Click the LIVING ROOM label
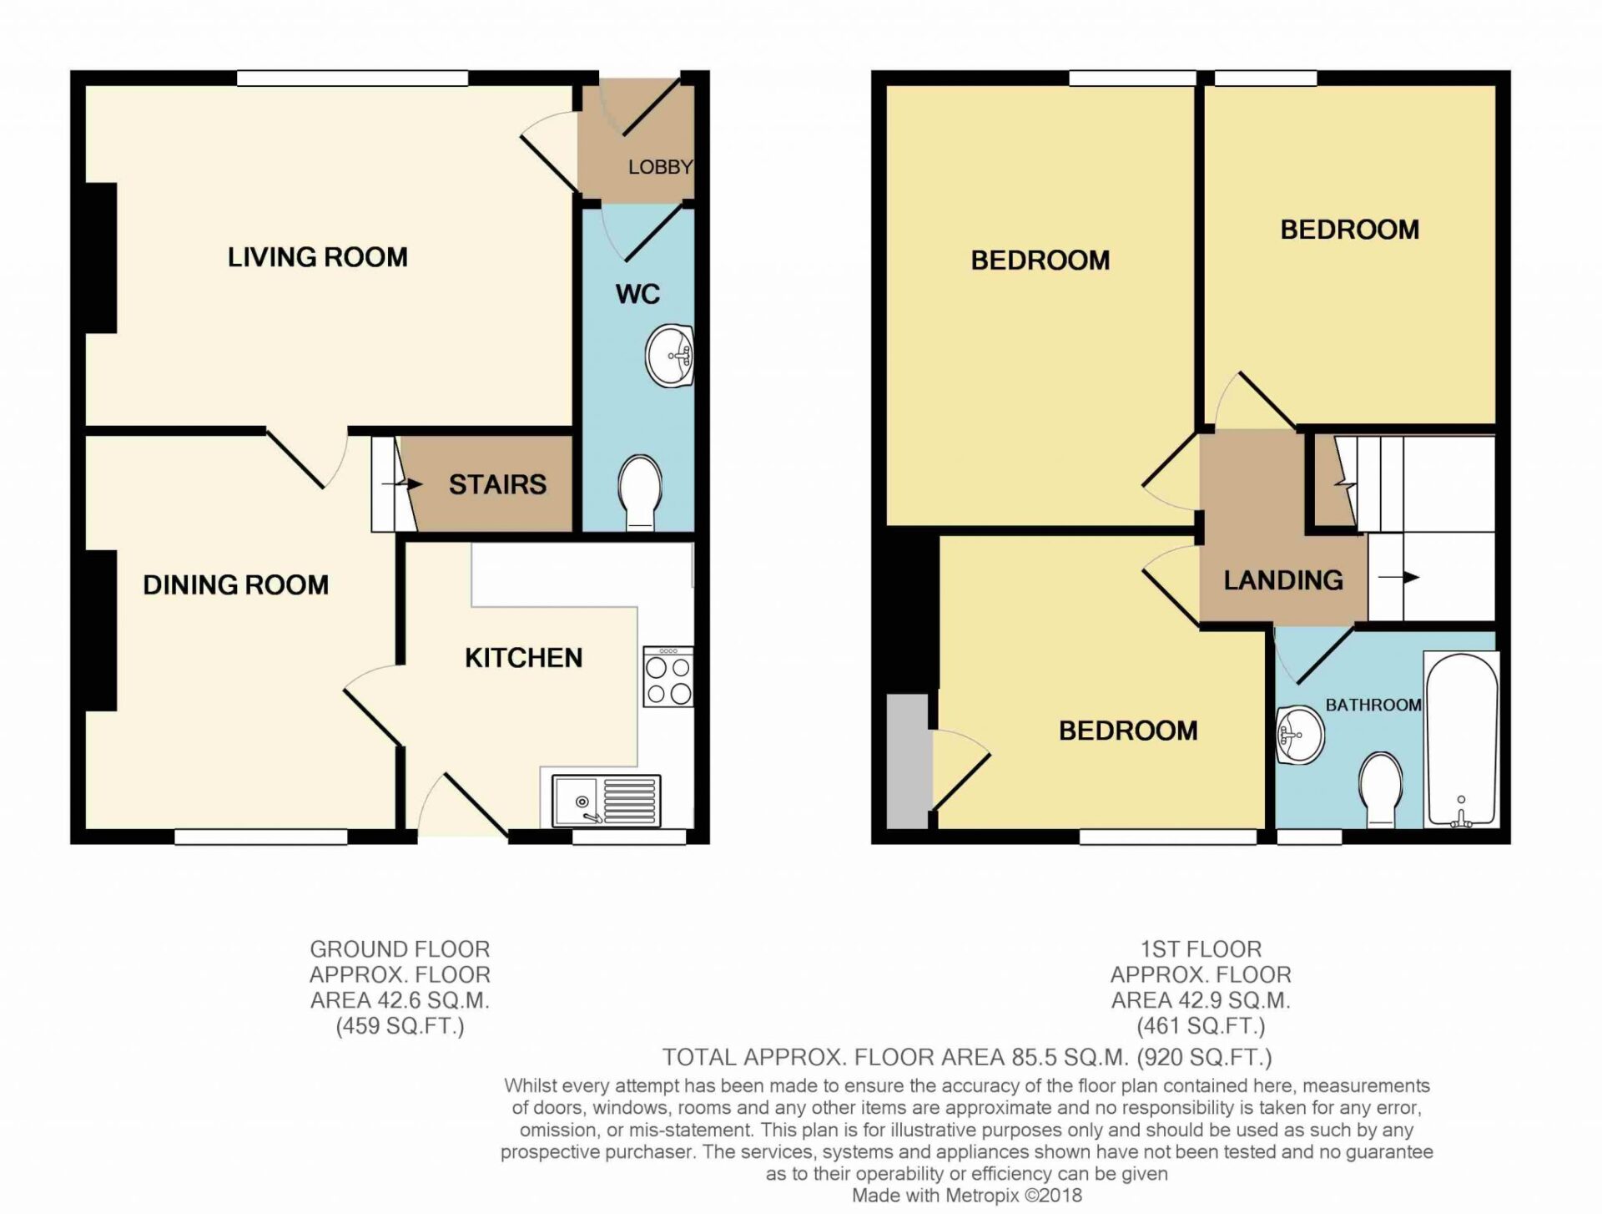(318, 257)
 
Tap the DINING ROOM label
(236, 584)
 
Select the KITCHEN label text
(524, 658)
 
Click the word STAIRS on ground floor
(498, 484)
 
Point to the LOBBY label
(660, 167)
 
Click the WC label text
(637, 294)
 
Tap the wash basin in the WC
(670, 357)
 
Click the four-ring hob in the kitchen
(668, 676)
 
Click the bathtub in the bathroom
(1462, 739)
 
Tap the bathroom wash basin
(1300, 735)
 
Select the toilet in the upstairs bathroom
(1380, 790)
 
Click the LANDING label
(1283, 580)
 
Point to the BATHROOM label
(1373, 705)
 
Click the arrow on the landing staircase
(1398, 577)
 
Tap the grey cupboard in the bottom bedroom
(908, 761)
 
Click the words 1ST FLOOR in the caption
(1201, 949)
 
